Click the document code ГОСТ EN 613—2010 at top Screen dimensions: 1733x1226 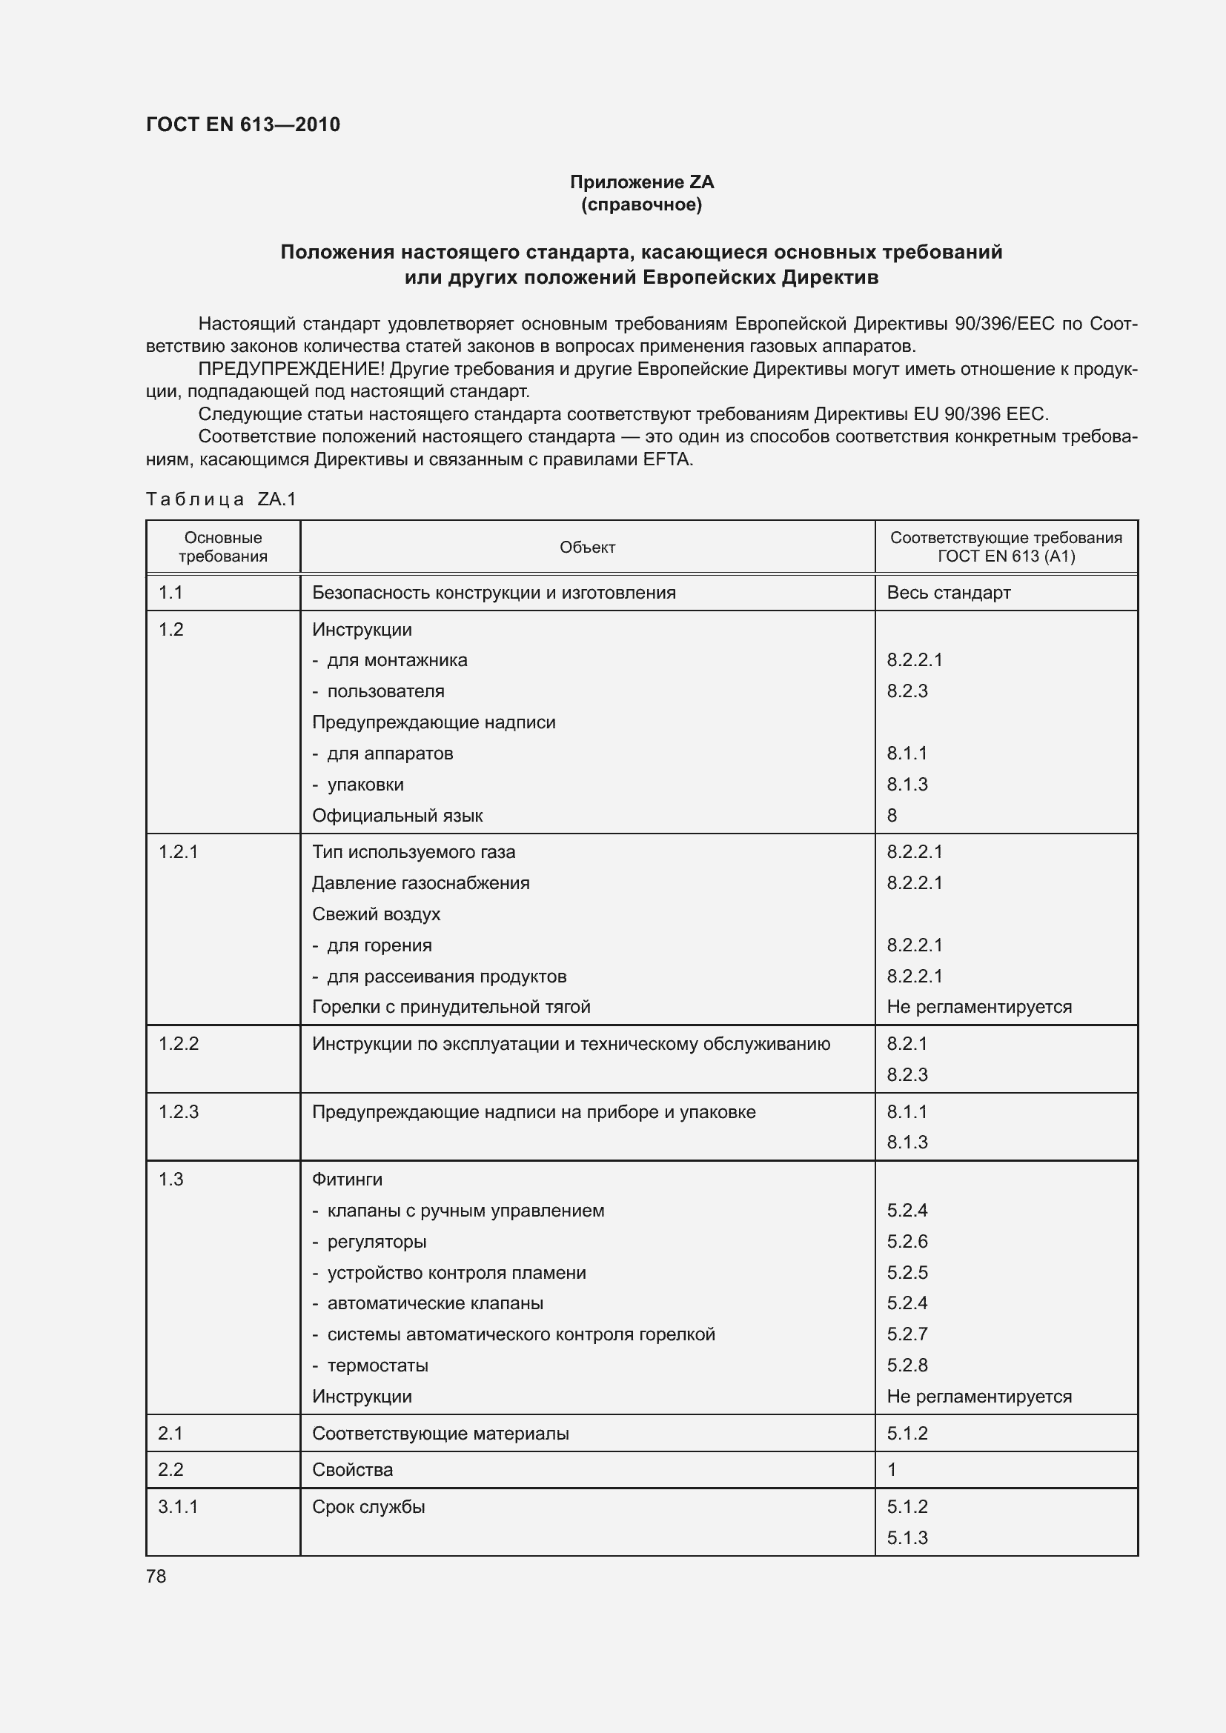242,124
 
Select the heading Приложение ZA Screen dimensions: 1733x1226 641,182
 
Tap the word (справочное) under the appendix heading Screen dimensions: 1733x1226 641,204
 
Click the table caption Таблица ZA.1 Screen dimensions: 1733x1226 221,499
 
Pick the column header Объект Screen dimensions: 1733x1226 586,548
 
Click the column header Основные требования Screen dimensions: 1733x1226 222,547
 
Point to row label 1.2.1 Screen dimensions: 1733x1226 178,851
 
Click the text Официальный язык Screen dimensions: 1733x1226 397,815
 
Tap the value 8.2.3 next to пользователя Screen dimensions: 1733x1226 907,691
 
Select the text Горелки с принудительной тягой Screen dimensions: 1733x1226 451,1006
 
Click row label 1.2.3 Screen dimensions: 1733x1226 178,1111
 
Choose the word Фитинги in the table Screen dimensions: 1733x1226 346,1179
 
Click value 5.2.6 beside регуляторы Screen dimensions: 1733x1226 907,1241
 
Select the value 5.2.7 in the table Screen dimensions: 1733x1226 907,1334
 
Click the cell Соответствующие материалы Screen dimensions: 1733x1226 440,1433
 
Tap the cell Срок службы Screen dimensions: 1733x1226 368,1506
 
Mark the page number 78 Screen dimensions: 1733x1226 156,1576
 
